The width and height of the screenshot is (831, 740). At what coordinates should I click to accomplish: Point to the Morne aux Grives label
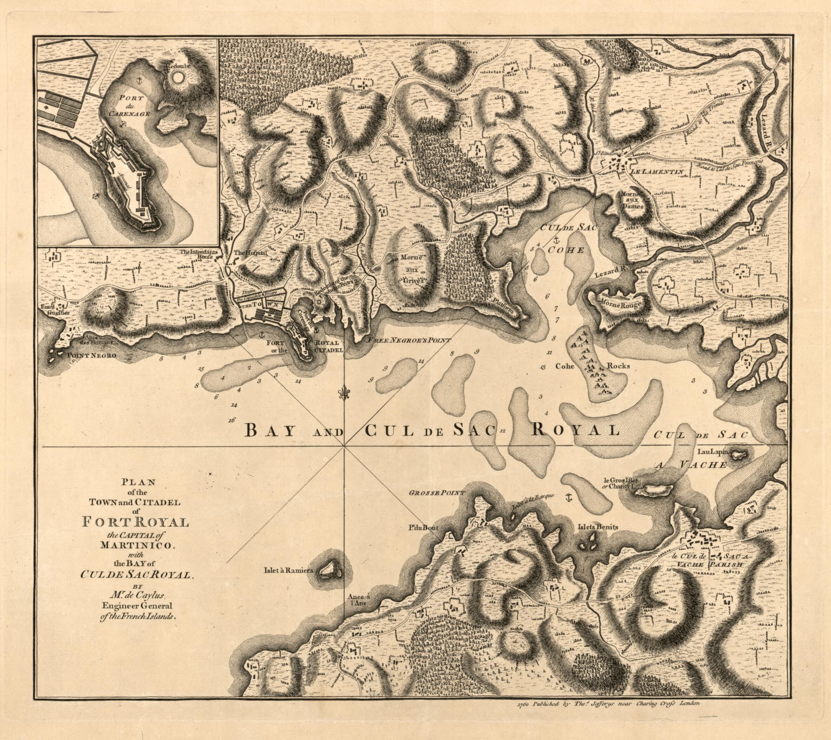pos(412,269)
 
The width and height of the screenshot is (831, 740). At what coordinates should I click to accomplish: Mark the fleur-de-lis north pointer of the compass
pos(345,393)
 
